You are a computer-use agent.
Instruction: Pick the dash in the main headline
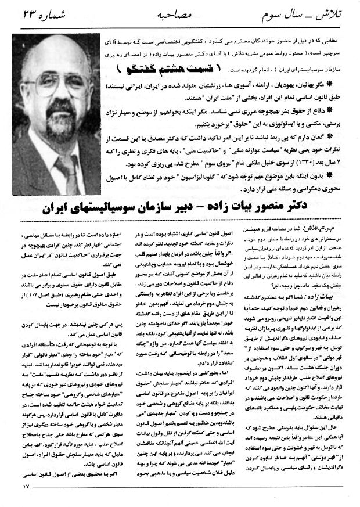tap(237, 208)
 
